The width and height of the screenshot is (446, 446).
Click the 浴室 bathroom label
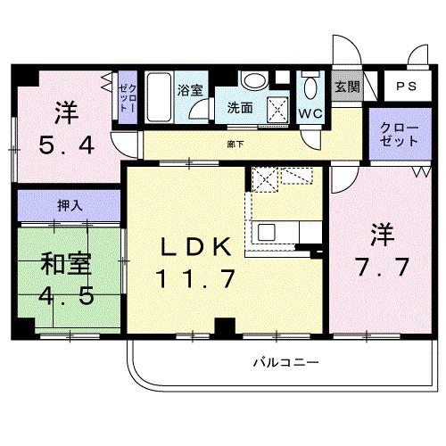(189, 89)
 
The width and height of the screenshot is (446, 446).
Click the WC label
(310, 113)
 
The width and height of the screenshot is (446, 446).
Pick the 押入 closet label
(70, 205)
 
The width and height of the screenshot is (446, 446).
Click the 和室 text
(63, 264)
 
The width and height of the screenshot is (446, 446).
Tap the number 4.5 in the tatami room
(63, 296)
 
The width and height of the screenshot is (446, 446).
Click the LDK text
(197, 247)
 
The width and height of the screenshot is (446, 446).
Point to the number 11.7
(197, 279)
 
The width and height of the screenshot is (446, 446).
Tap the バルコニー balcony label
(285, 363)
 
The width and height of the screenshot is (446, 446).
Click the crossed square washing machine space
(279, 110)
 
